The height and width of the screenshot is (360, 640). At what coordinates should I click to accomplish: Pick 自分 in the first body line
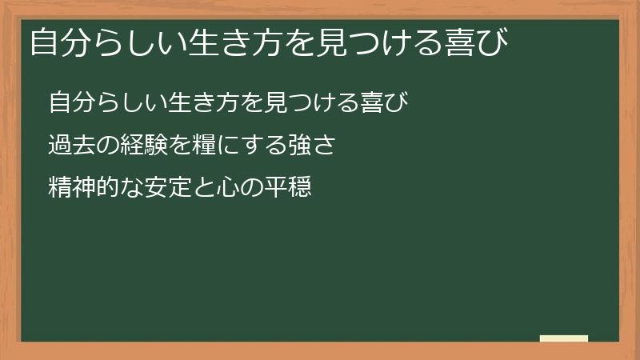68,104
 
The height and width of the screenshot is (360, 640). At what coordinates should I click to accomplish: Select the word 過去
68,146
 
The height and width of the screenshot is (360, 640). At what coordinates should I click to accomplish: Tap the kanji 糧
202,146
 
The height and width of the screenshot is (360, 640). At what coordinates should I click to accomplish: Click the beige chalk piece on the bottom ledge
564,338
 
